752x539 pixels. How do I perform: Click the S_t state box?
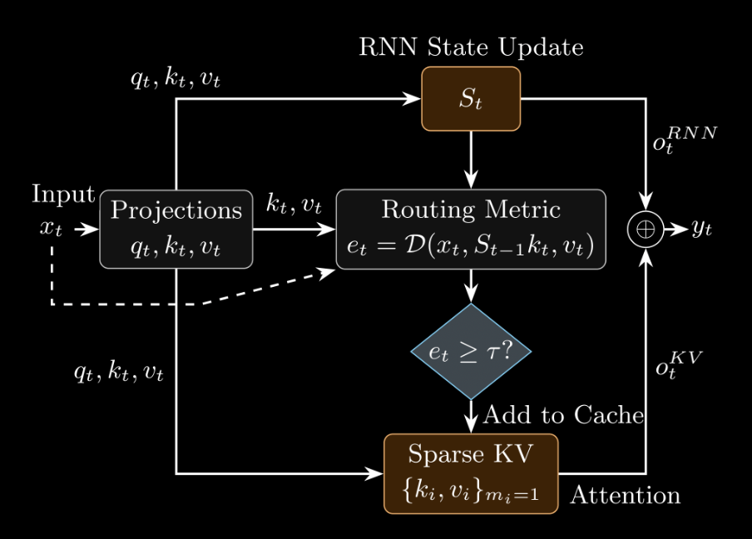click(x=471, y=99)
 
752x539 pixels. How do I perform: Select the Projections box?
click(x=176, y=230)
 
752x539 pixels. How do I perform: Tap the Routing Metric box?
click(x=471, y=230)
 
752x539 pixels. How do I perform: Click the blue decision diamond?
click(x=471, y=351)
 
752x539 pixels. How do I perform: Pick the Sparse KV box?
click(x=471, y=473)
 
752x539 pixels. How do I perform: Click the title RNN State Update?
click(x=471, y=47)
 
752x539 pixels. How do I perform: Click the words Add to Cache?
click(x=563, y=414)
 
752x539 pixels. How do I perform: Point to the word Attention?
click(x=625, y=496)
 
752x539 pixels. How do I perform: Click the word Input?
click(x=63, y=195)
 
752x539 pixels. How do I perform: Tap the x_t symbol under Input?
click(x=51, y=230)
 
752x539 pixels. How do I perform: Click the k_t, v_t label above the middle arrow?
click(x=294, y=205)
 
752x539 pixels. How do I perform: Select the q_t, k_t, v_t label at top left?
click(x=176, y=81)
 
